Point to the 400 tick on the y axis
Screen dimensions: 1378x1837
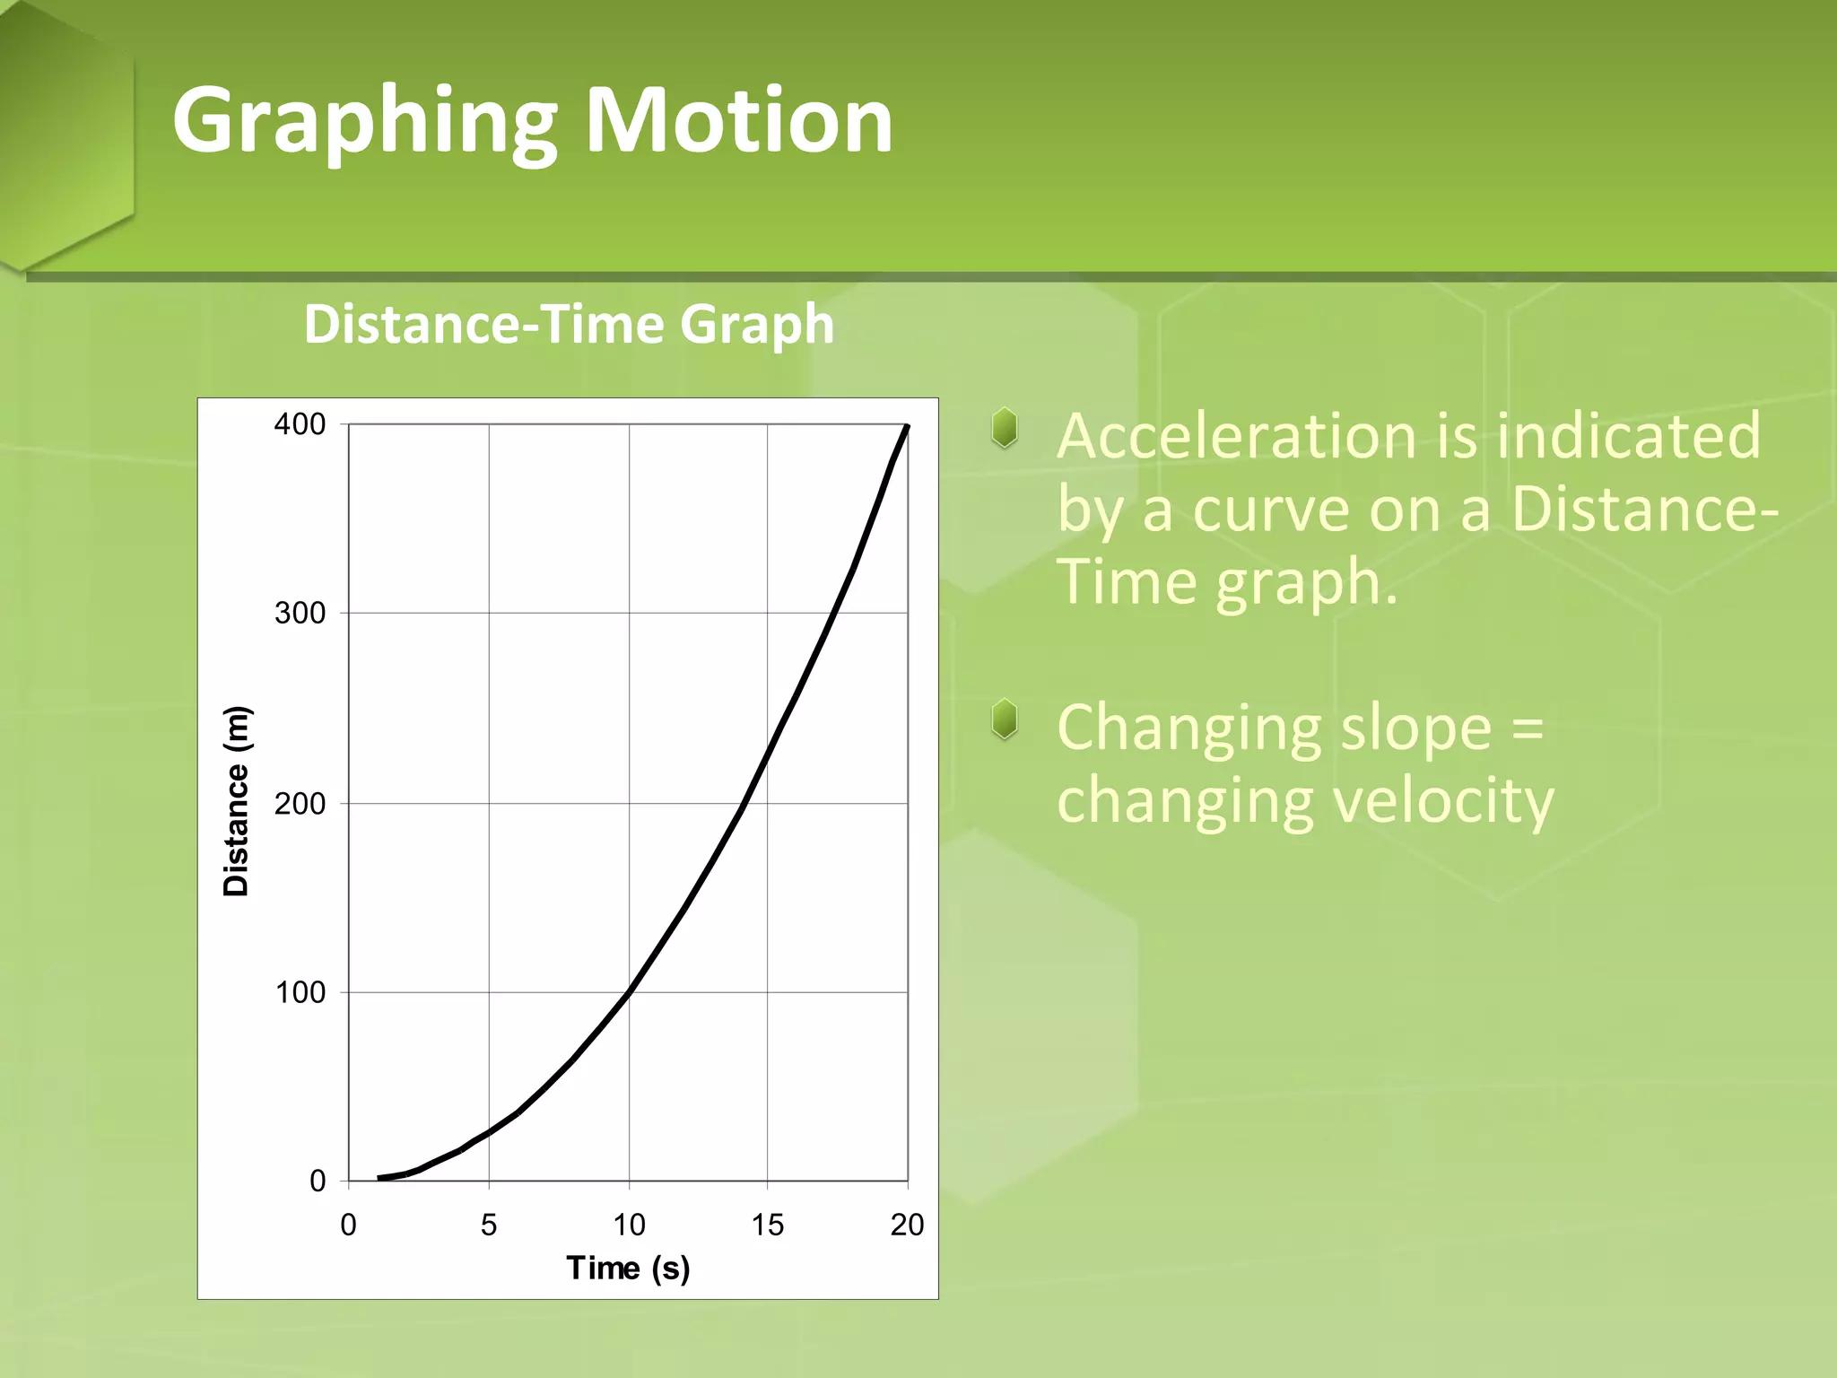(300, 424)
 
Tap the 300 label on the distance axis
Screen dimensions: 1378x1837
(300, 614)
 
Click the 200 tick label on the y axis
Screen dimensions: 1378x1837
(300, 803)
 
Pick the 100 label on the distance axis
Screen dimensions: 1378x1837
(300, 992)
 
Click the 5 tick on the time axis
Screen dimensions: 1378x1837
(488, 1225)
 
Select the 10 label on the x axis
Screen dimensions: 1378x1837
(629, 1225)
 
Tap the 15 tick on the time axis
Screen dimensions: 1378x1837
(768, 1225)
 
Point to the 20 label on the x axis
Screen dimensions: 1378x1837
(907, 1225)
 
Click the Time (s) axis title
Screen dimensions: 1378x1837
(628, 1268)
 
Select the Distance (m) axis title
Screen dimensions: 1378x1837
(237, 801)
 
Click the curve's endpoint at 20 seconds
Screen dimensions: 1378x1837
(908, 427)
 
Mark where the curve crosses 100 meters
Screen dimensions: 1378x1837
(629, 991)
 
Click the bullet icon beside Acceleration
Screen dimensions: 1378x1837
(1005, 429)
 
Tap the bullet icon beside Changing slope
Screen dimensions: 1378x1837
(1005, 720)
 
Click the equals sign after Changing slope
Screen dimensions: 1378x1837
(1528, 728)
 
